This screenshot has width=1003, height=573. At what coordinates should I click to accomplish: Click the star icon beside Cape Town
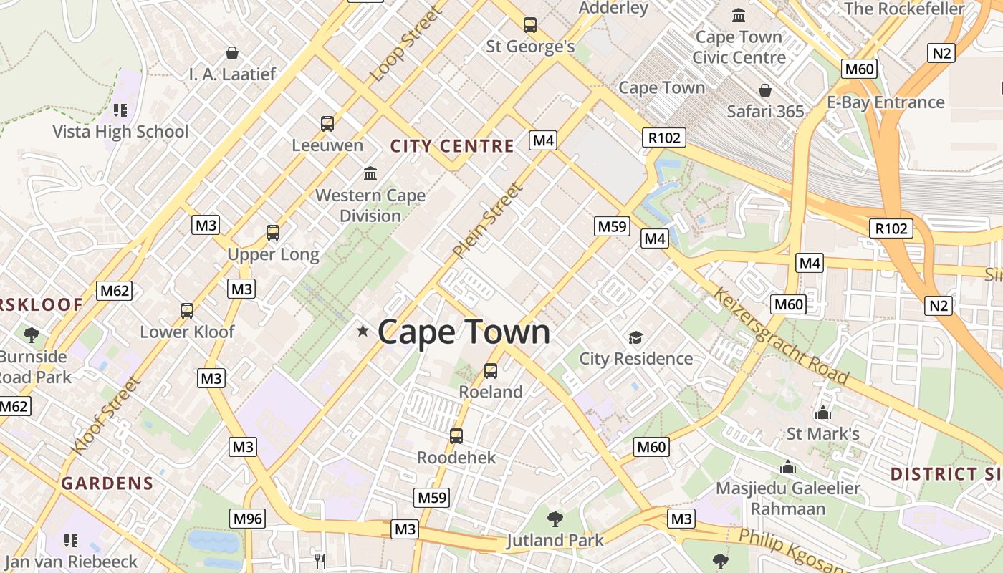363,331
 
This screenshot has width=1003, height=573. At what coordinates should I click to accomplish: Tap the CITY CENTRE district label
452,147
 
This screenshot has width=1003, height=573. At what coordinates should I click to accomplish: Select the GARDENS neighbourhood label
107,483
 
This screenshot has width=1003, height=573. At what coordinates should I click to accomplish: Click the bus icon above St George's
530,25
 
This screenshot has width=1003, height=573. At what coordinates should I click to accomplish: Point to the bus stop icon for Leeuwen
327,124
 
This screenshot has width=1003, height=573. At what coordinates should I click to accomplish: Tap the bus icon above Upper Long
273,233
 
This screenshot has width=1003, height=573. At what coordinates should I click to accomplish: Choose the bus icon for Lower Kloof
187,311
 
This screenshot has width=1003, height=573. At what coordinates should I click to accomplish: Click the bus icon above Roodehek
456,436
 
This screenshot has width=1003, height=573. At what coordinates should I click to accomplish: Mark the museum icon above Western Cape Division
370,173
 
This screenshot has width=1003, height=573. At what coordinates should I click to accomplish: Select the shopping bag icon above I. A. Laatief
232,53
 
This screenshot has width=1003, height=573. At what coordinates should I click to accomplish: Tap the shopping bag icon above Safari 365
765,90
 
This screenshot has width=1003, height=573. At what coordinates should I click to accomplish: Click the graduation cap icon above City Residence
635,337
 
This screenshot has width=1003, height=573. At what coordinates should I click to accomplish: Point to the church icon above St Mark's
822,413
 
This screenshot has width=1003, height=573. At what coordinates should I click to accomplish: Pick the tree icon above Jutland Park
555,519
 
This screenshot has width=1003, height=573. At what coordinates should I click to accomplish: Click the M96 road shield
248,519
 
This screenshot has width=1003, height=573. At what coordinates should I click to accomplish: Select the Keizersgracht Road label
781,337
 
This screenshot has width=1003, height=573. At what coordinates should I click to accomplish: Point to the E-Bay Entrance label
886,102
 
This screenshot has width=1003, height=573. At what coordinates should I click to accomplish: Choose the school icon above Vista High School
120,110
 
